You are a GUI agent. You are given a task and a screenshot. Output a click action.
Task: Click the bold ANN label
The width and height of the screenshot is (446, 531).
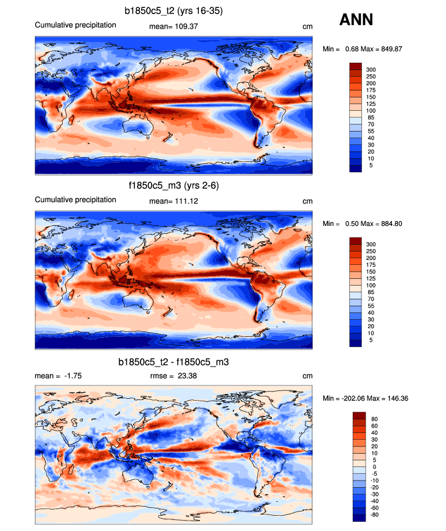pos(356,20)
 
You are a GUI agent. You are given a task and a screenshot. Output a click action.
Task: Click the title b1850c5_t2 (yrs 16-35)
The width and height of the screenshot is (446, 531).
pos(173,10)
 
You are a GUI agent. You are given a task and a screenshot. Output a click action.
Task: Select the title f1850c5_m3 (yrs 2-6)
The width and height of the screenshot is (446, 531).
pos(173,185)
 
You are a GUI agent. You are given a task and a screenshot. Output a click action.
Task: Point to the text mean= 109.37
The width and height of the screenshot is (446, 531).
pos(173,26)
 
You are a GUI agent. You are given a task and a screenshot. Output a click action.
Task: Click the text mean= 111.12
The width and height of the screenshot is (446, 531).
pos(173,201)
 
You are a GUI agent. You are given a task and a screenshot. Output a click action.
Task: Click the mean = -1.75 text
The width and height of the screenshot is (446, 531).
pos(58,376)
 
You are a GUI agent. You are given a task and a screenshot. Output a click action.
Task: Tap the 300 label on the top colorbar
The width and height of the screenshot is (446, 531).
pos(371,71)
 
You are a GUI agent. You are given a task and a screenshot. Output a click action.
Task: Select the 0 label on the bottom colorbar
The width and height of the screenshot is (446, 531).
pos(372,466)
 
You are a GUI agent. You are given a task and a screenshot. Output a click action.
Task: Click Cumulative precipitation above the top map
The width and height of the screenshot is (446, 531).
pos(75,25)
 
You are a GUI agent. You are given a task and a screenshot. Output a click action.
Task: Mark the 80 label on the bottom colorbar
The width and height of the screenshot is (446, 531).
pos(374,419)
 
